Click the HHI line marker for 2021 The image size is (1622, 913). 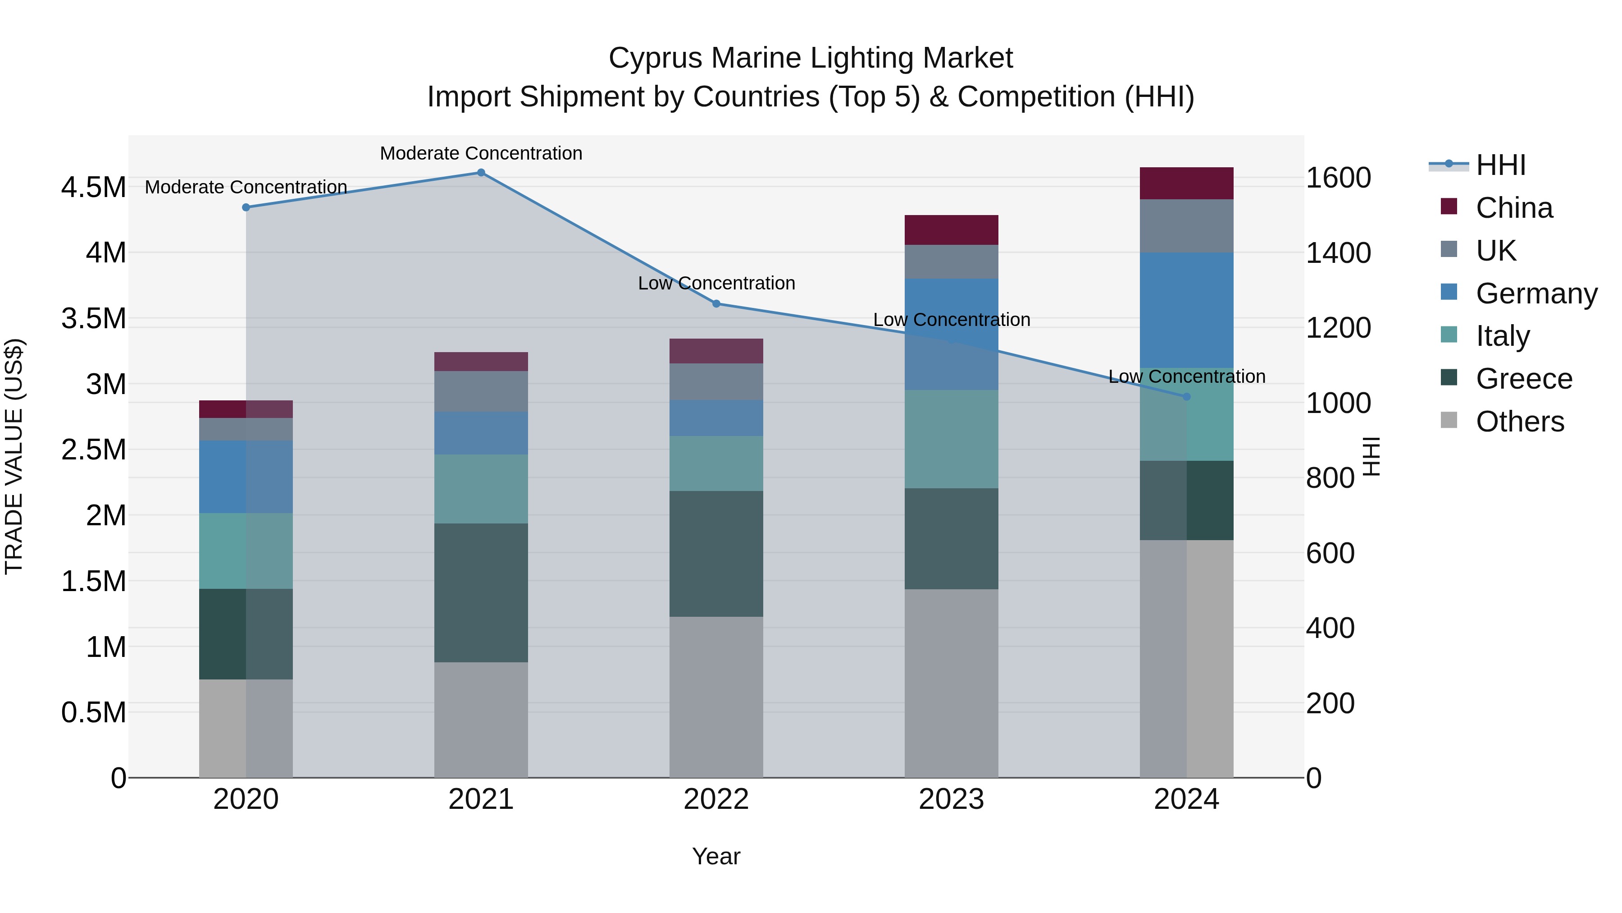[481, 172]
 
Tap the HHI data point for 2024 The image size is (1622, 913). [1186, 396]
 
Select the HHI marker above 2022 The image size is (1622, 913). [716, 304]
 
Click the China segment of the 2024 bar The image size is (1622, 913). [1186, 184]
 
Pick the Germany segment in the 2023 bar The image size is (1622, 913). [952, 334]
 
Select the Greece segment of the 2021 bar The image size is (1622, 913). [481, 592]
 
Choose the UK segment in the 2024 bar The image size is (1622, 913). [1186, 226]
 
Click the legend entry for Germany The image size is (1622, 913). [1536, 293]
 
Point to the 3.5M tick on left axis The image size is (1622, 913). [93, 319]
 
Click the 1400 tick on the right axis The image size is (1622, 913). [1339, 253]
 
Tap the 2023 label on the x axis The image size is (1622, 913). [952, 799]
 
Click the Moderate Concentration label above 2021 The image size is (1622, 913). [481, 153]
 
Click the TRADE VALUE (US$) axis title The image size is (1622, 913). [14, 456]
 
